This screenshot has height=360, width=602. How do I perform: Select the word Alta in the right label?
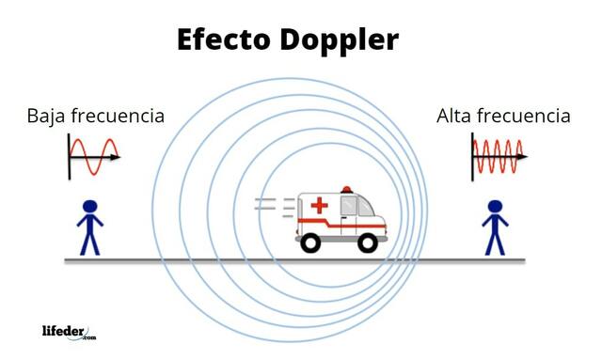tap(456, 117)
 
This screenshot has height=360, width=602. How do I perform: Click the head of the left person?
tap(89, 206)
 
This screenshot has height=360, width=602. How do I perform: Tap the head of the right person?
tap(495, 206)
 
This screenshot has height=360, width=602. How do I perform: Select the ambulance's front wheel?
tap(368, 242)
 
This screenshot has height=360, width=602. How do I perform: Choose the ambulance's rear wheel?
tap(309, 242)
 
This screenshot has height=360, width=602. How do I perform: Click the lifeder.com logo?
tap(69, 331)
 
